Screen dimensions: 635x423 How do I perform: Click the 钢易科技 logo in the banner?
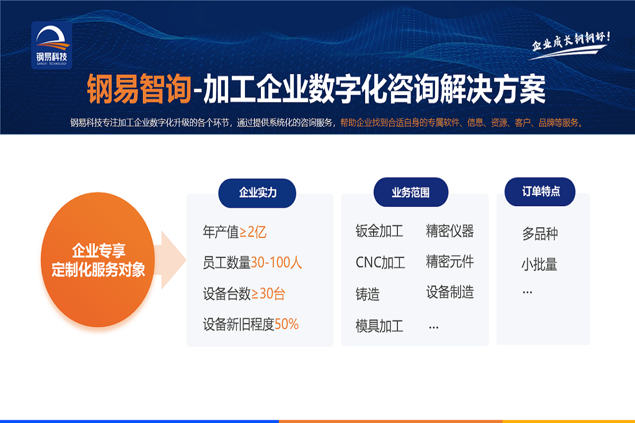point(52,45)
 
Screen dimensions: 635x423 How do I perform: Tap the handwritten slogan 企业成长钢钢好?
point(570,45)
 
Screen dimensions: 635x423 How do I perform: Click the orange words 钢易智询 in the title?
point(139,88)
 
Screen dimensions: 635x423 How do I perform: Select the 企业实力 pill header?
point(257,193)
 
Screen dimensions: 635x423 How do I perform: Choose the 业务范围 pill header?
point(411,192)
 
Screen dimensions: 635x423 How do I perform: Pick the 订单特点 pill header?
point(540,191)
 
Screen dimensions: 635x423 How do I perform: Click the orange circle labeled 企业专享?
point(98,260)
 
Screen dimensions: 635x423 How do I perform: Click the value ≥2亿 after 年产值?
point(253,232)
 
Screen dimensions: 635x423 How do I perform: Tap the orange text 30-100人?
point(276,262)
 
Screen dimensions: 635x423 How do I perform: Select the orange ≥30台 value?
point(268,293)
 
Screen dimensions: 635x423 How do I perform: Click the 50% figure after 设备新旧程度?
point(287,324)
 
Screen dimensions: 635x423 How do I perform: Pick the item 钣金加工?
point(379,231)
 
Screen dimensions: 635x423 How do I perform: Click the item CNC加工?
point(380,262)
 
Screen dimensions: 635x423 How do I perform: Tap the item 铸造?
point(367,294)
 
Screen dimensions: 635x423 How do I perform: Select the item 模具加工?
point(379,326)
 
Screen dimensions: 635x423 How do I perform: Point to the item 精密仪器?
point(450,231)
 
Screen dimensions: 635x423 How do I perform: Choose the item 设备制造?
point(450,292)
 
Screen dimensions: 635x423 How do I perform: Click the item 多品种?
point(540,234)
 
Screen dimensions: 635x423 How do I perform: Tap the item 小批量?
point(539,264)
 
